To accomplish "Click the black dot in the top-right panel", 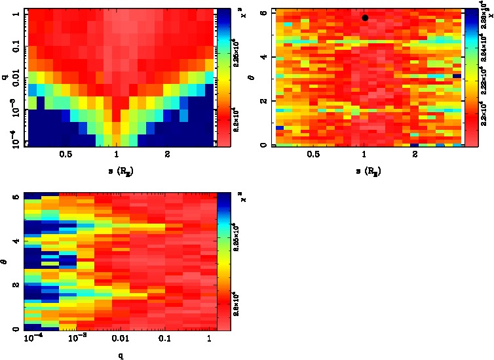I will click(x=365, y=18).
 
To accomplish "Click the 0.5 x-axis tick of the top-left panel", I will click(x=65, y=155).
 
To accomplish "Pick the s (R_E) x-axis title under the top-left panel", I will click(x=116, y=171).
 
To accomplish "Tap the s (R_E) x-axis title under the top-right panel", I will click(x=364, y=171).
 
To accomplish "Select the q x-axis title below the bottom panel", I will click(x=119, y=355).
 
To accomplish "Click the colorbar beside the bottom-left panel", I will click(x=222, y=262).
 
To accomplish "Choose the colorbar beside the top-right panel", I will click(x=468, y=77).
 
